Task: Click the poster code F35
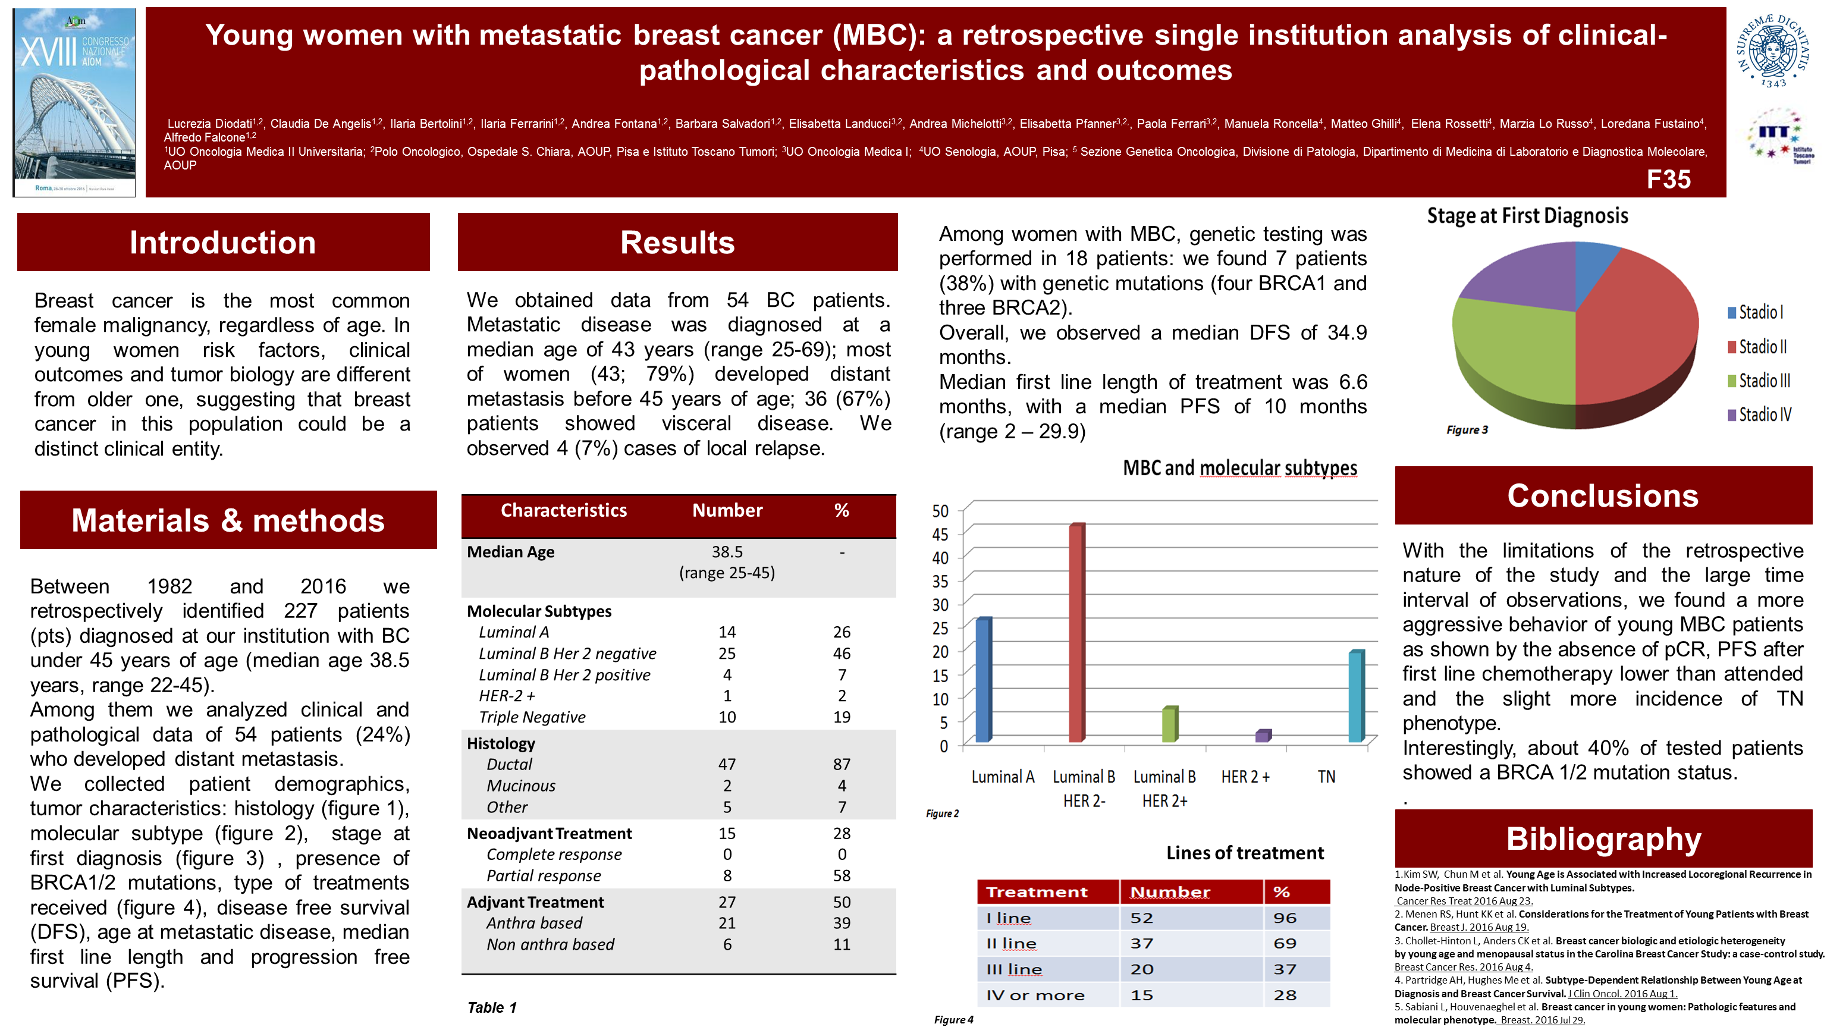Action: [1668, 180]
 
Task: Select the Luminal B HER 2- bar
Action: [1076, 633]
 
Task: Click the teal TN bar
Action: [1355, 696]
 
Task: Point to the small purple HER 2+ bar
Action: [1263, 736]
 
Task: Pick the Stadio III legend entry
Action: [1759, 381]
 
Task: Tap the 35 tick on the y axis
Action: [940, 582]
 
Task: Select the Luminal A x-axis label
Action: [1002, 777]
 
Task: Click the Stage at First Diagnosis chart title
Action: [1527, 216]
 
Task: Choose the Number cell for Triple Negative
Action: [727, 717]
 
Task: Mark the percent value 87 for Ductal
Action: [841, 765]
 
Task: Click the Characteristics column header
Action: [563, 511]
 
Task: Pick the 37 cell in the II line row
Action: [1141, 943]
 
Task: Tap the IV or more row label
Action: [1035, 995]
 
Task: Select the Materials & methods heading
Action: [228, 520]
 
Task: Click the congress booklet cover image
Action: [74, 102]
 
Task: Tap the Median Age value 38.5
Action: [727, 552]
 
